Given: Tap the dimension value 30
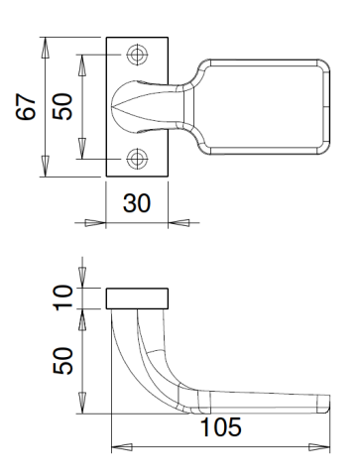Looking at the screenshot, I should coord(138,203).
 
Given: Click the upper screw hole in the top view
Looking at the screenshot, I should coord(138,56).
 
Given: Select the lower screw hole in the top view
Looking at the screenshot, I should coord(138,157).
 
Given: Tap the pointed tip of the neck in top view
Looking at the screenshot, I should coord(114,106).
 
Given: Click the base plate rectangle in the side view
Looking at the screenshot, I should coord(138,298).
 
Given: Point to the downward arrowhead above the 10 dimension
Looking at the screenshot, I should coord(83,279).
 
